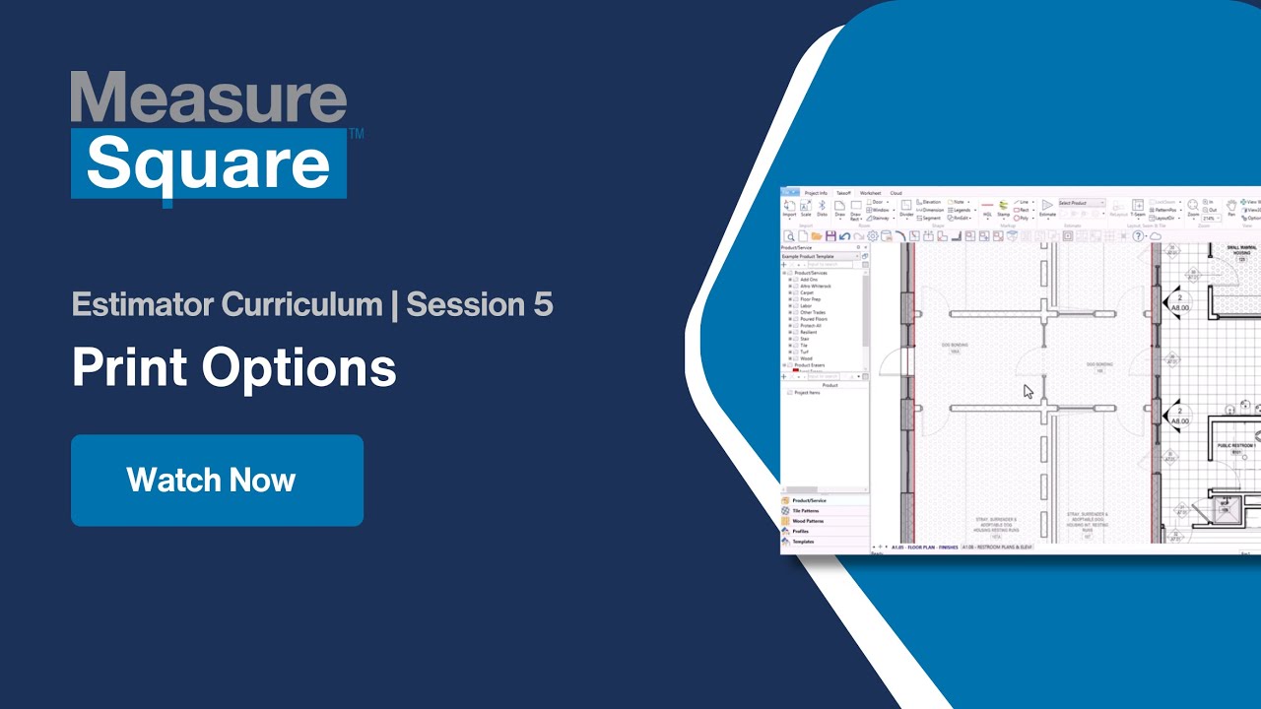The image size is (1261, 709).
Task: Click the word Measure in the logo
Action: [209, 98]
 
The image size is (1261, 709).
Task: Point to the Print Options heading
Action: [234, 368]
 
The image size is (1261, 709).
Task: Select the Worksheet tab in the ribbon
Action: [870, 193]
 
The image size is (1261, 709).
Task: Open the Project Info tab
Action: [816, 193]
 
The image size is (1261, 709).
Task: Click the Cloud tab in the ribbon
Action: [896, 193]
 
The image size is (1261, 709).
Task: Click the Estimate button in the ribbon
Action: [1047, 208]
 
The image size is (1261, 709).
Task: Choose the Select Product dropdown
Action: [1081, 203]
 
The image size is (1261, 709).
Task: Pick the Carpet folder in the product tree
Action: [807, 292]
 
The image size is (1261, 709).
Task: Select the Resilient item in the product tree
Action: [809, 332]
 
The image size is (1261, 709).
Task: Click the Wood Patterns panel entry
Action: [808, 521]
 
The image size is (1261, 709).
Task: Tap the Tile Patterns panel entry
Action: [805, 511]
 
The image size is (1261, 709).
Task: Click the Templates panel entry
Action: [803, 541]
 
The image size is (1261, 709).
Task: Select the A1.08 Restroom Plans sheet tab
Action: [997, 547]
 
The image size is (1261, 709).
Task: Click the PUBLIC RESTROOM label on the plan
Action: [1234, 446]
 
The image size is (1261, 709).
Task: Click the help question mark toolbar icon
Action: [1138, 236]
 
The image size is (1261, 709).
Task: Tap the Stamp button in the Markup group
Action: [1003, 208]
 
